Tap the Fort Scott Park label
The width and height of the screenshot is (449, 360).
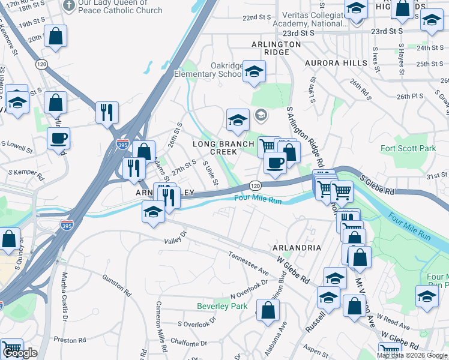(x=408, y=148)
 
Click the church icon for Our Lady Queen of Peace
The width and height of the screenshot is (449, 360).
(x=69, y=6)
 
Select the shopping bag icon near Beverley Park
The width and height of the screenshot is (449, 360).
(x=268, y=310)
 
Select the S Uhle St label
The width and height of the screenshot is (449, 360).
(x=210, y=173)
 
